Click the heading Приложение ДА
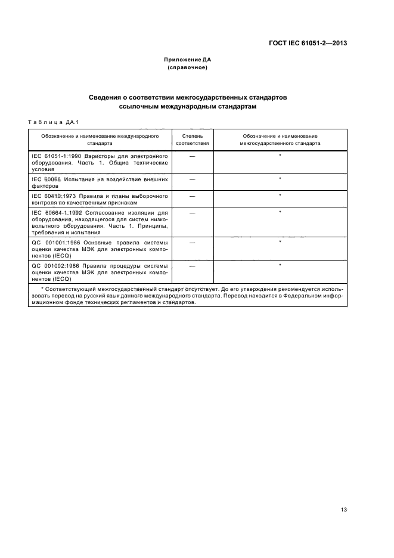tap(187, 60)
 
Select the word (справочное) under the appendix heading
tap(187, 68)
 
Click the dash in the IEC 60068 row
tap(192, 179)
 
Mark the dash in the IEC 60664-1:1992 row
tap(192, 212)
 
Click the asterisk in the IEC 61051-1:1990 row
tap(280, 156)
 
